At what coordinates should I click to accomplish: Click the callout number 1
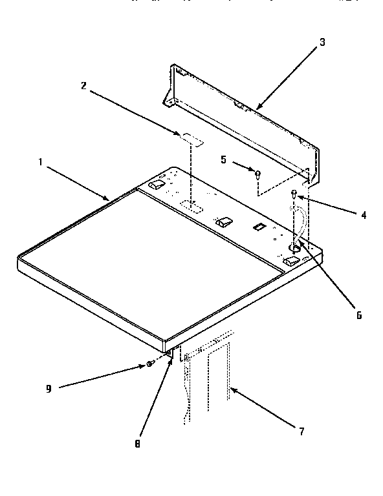click(40, 161)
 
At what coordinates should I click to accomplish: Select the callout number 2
click(84, 85)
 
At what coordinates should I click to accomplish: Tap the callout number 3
click(322, 43)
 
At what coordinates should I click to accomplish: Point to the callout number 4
click(364, 215)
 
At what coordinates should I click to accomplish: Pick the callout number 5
click(224, 159)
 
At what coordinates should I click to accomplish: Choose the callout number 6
click(358, 316)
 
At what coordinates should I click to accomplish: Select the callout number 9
click(49, 387)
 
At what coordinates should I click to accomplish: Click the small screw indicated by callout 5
click(257, 174)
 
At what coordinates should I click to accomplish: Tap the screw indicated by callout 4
click(294, 193)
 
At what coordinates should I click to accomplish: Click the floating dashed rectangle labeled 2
click(190, 138)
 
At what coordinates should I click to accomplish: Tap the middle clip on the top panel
click(223, 222)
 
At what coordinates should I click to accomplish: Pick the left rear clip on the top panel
click(155, 185)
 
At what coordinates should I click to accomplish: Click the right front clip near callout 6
click(291, 261)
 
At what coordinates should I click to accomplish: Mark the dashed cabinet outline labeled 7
click(207, 381)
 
